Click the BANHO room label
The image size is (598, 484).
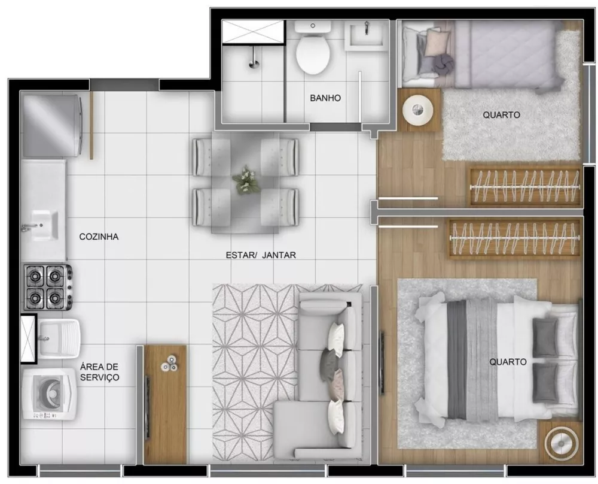point(325,98)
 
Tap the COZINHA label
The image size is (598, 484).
point(99,237)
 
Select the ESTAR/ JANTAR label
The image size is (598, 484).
point(261,255)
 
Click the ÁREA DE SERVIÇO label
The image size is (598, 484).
point(100,372)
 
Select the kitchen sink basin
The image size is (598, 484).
point(42,225)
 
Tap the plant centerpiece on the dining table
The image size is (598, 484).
point(245,180)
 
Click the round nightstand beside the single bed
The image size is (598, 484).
point(419,110)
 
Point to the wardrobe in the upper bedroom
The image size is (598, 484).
point(524,186)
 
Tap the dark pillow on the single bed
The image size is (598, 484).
point(441,63)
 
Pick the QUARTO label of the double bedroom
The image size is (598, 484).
point(508,362)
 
